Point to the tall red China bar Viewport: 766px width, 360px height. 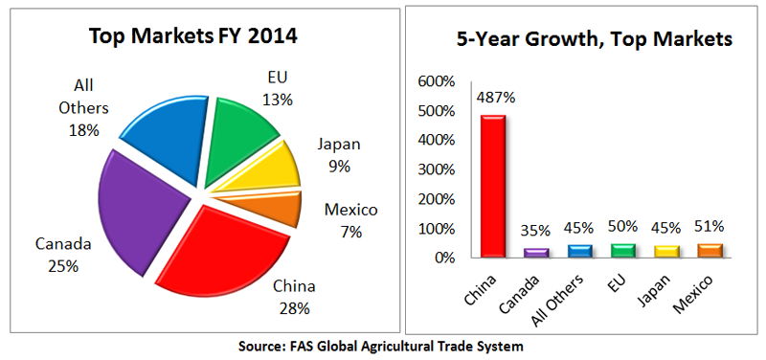click(493, 186)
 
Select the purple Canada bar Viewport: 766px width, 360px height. click(536, 253)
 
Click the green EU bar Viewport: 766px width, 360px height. click(622, 251)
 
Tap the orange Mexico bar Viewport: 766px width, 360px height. click(710, 251)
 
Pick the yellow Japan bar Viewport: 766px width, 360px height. click(665, 252)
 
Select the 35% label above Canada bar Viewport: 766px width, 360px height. click(537, 231)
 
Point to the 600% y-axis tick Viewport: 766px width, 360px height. click(439, 81)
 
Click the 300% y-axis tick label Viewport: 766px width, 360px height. click(439, 169)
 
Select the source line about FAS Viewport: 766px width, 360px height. click(383, 345)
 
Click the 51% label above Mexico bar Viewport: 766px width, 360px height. click(710, 226)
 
